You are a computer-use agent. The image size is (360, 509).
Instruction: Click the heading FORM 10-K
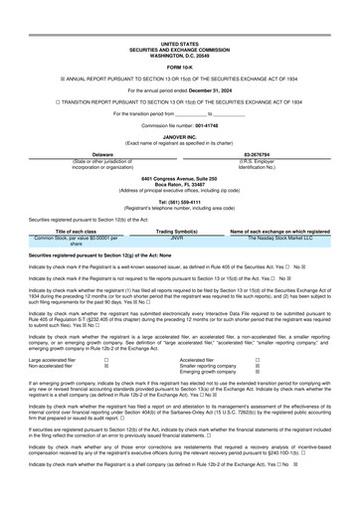pos(179,67)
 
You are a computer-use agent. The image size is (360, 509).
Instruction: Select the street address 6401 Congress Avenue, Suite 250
pos(179,178)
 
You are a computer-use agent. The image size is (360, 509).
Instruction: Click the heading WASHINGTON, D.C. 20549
pos(179,55)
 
